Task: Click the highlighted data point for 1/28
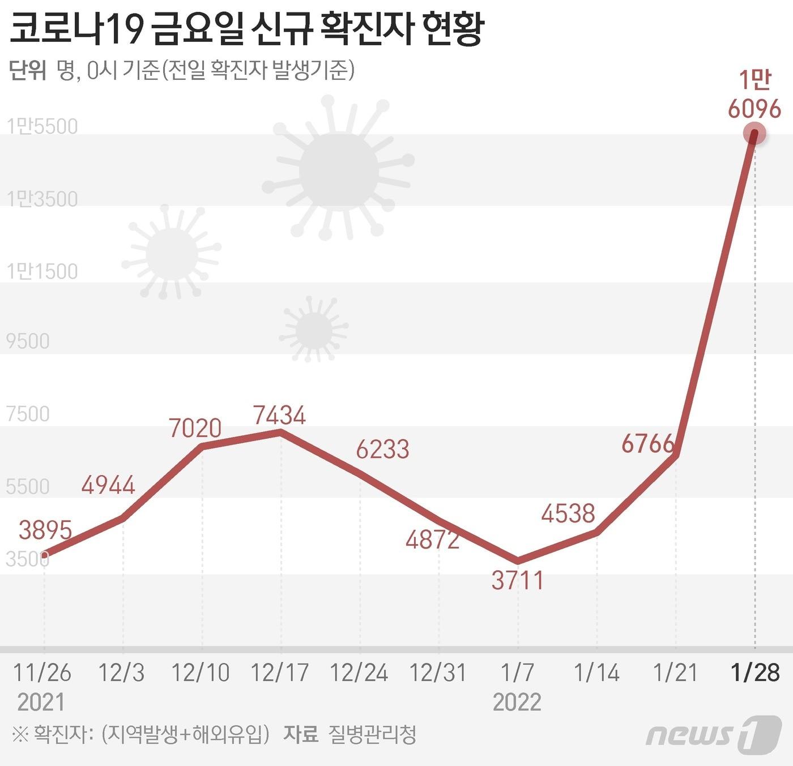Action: point(754,134)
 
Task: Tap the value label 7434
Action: point(279,415)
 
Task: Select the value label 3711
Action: point(518,580)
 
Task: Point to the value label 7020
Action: point(195,428)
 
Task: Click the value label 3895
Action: point(45,530)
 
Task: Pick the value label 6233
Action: point(382,450)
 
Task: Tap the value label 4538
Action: point(568,513)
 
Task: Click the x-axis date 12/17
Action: point(279,673)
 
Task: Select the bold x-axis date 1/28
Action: point(755,673)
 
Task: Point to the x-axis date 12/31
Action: point(438,673)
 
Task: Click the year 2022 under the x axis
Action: point(517,702)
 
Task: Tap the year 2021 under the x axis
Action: point(41,702)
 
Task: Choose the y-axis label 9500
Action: point(28,341)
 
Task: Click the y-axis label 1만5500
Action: point(42,126)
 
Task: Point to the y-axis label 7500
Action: point(28,414)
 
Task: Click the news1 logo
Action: point(713,734)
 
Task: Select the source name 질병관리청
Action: point(372,735)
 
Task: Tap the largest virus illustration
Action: point(338,170)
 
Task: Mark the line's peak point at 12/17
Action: point(280,433)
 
